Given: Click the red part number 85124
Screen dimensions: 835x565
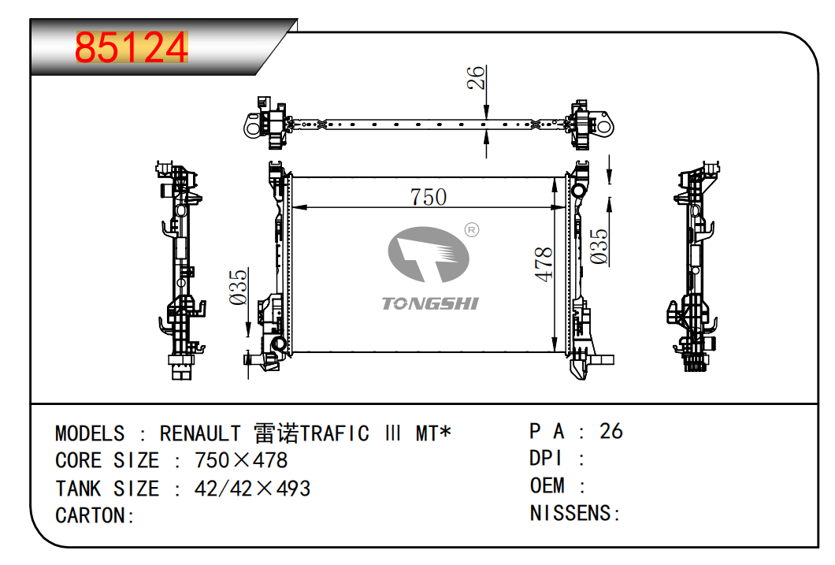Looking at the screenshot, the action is (132, 48).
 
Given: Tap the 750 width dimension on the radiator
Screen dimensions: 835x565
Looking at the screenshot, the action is (429, 197).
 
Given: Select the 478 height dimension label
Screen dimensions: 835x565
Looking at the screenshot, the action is (544, 264).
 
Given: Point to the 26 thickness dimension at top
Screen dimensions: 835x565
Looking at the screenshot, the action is (476, 78).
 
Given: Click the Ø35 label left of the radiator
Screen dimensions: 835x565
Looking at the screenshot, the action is (239, 288).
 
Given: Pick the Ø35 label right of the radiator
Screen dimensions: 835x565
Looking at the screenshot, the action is (599, 247).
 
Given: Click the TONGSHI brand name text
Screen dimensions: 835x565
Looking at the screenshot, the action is (430, 303).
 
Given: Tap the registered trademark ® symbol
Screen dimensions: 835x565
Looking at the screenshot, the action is (472, 229).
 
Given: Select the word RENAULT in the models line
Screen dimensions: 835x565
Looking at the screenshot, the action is (200, 433).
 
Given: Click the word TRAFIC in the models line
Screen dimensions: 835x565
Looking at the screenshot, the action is (335, 433).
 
